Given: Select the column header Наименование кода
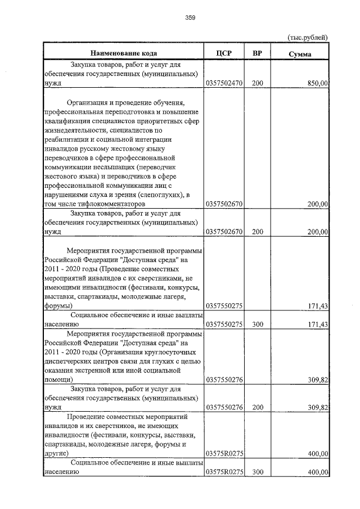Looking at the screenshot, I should (123, 53).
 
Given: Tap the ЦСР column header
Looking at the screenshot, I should (224, 53).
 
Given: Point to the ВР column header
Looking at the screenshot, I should (257, 53).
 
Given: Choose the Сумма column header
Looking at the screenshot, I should (300, 54).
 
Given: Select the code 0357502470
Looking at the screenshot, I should (224, 83).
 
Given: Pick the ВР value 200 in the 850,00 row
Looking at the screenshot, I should (257, 83).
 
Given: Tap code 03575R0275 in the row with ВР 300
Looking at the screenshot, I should (224, 472).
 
